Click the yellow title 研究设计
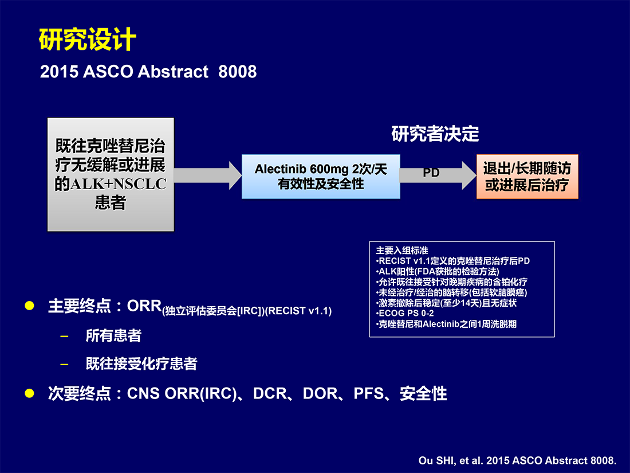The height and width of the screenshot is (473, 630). click(88, 40)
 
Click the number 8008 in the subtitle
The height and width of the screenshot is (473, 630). click(238, 72)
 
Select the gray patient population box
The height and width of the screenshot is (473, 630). click(111, 174)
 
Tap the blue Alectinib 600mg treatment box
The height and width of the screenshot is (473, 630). click(321, 177)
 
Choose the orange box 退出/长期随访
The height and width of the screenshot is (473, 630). click(527, 177)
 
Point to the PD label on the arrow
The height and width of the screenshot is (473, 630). click(431, 173)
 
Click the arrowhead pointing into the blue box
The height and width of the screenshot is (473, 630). click(235, 175)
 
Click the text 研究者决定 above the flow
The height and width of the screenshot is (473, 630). click(435, 134)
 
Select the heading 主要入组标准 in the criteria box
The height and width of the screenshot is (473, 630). click(402, 250)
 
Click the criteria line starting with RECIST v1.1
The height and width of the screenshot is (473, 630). click(453, 261)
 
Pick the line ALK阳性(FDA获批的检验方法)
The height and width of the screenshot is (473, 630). click(438, 272)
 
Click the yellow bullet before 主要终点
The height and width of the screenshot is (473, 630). click(29, 306)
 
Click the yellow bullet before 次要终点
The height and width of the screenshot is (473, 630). click(29, 393)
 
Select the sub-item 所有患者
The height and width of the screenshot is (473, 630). click(113, 335)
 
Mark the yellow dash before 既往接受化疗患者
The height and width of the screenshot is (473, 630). click(64, 365)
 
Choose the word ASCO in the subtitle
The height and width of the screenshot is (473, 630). click(108, 72)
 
